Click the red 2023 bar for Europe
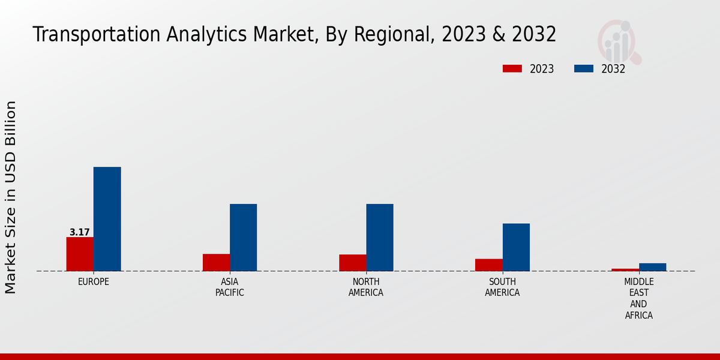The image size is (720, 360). click(x=80, y=254)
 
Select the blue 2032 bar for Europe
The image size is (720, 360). click(x=107, y=219)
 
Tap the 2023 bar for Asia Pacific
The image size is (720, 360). click(x=216, y=262)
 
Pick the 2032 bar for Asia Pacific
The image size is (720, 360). click(x=244, y=238)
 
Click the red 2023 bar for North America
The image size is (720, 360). click(x=353, y=263)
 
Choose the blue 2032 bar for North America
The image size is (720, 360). click(x=380, y=238)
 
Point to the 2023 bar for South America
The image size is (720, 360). click(x=489, y=265)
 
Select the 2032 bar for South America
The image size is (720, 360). click(x=516, y=247)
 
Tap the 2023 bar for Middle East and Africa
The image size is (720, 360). click(x=625, y=269)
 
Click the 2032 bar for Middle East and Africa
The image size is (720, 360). click(x=653, y=267)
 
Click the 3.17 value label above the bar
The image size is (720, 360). click(x=80, y=232)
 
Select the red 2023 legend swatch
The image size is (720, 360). click(x=512, y=68)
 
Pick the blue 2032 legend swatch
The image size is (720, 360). click(x=584, y=68)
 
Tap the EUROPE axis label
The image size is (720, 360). click(x=94, y=281)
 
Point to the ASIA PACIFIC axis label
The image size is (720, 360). click(x=230, y=287)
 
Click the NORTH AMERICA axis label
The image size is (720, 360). click(x=366, y=287)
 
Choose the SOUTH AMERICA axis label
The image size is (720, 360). click(x=502, y=287)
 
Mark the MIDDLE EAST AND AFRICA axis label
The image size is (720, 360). click(x=639, y=298)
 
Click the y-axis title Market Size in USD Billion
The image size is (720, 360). click(x=11, y=197)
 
